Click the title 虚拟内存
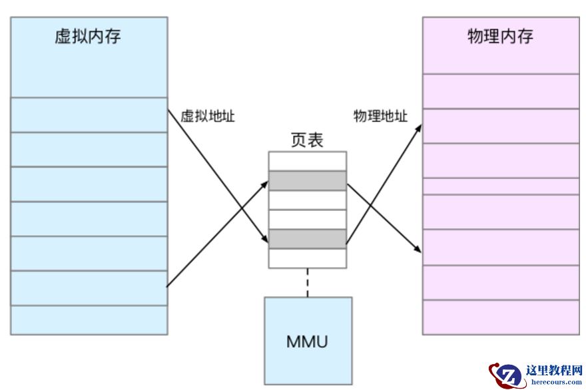point(88,36)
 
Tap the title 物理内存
point(501,36)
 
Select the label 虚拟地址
point(208,116)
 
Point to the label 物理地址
point(380,116)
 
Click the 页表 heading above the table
point(307,140)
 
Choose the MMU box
point(308,341)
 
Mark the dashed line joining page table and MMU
point(307,282)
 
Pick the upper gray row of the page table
point(307,180)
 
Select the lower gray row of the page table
point(307,238)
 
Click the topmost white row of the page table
point(307,161)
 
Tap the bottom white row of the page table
point(307,258)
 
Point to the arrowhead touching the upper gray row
point(265,182)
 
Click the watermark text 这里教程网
point(554,371)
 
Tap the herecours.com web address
point(554,382)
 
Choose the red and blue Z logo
point(506,375)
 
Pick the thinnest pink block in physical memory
point(501,186)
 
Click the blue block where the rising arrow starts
point(88,288)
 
